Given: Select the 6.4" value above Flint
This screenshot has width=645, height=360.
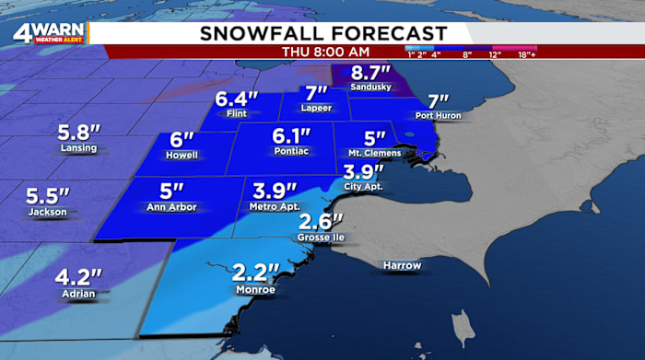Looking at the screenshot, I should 235,99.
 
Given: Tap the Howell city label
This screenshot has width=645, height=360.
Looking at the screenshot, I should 182,155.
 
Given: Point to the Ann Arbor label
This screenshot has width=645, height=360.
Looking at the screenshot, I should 170,207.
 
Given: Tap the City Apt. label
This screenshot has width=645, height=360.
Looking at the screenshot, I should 362,187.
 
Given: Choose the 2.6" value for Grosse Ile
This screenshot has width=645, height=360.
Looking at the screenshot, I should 321,221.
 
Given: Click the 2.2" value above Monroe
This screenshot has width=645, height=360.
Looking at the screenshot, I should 254,273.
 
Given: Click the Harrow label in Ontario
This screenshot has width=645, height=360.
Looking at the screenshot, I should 402,266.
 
